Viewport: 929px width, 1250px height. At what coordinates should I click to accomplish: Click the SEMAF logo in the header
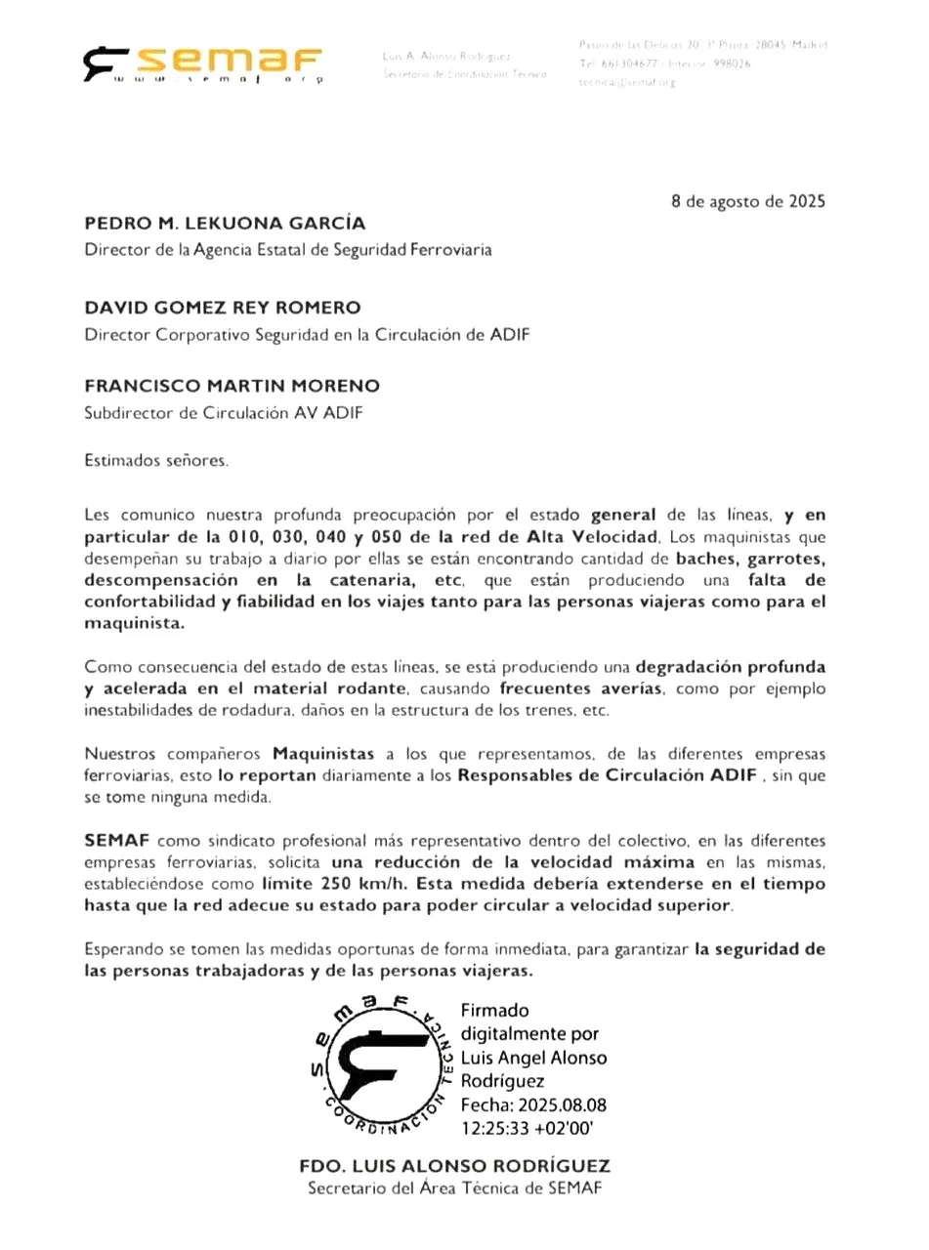(x=203, y=63)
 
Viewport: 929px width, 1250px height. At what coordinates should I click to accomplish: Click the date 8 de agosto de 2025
(x=748, y=202)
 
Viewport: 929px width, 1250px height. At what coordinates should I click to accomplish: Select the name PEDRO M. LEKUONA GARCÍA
(x=225, y=224)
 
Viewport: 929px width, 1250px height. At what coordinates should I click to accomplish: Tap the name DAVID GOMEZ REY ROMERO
(x=223, y=308)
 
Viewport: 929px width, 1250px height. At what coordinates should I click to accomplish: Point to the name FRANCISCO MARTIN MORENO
(x=232, y=386)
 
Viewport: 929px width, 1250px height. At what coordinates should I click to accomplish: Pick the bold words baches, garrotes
(x=751, y=560)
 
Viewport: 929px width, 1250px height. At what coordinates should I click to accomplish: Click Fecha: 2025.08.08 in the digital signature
(x=533, y=1104)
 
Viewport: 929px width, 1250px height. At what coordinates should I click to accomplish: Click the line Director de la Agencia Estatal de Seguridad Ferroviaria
(x=288, y=250)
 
